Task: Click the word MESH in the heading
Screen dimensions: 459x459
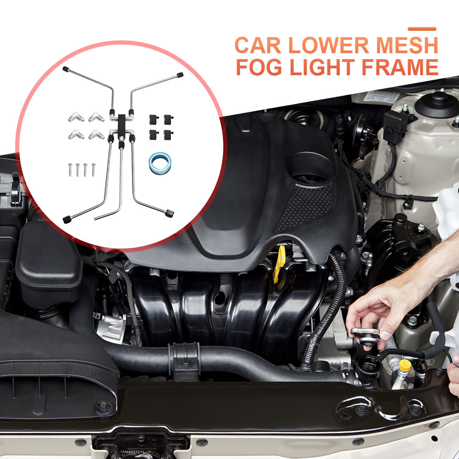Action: pyautogui.click(x=407, y=45)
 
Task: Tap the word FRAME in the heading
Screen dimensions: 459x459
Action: pyautogui.click(x=400, y=67)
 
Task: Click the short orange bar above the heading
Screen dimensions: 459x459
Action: pyautogui.click(x=422, y=29)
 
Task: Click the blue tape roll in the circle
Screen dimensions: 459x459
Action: pyautogui.click(x=160, y=162)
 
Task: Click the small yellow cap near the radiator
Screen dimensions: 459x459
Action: pyautogui.click(x=405, y=365)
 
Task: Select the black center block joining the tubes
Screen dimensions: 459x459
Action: pyautogui.click(x=122, y=126)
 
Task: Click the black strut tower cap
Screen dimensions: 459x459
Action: pyautogui.click(x=437, y=104)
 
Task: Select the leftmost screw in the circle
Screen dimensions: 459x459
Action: pyautogui.click(x=70, y=170)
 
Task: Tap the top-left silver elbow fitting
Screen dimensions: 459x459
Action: pyautogui.click(x=76, y=117)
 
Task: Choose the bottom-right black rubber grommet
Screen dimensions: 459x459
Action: pyautogui.click(x=168, y=135)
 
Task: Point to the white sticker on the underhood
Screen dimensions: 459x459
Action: pyautogui.click(x=381, y=96)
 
